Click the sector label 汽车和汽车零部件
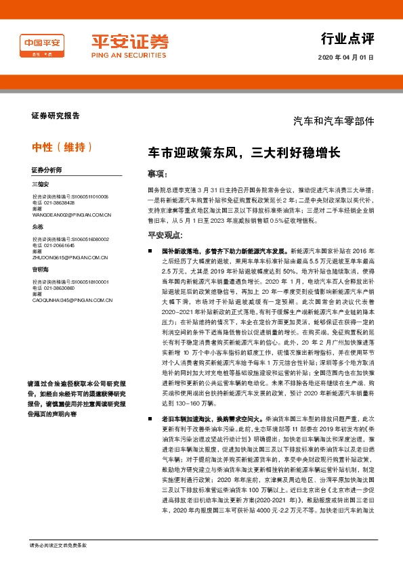pos(333,121)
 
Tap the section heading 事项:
pos(157,174)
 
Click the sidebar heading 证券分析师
pos(46,169)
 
